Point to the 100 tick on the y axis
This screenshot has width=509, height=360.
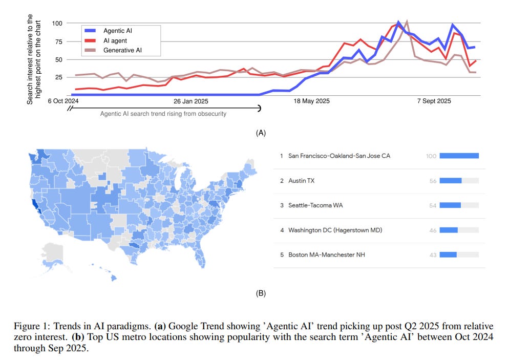(x=56, y=24)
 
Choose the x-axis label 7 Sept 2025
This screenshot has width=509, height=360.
(x=434, y=101)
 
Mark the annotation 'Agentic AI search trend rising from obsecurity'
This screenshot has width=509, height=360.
(x=163, y=114)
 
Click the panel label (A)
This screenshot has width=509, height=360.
(x=261, y=133)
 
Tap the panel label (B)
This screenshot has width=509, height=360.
(x=261, y=293)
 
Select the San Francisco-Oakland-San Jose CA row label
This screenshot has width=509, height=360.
(x=339, y=156)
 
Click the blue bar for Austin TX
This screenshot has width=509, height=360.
(x=451, y=181)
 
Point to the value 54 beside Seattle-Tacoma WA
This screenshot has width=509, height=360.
(x=433, y=205)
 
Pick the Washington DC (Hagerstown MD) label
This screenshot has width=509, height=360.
(x=335, y=230)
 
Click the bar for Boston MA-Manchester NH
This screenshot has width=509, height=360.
(x=448, y=255)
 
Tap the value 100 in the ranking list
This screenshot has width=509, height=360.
(x=431, y=156)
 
